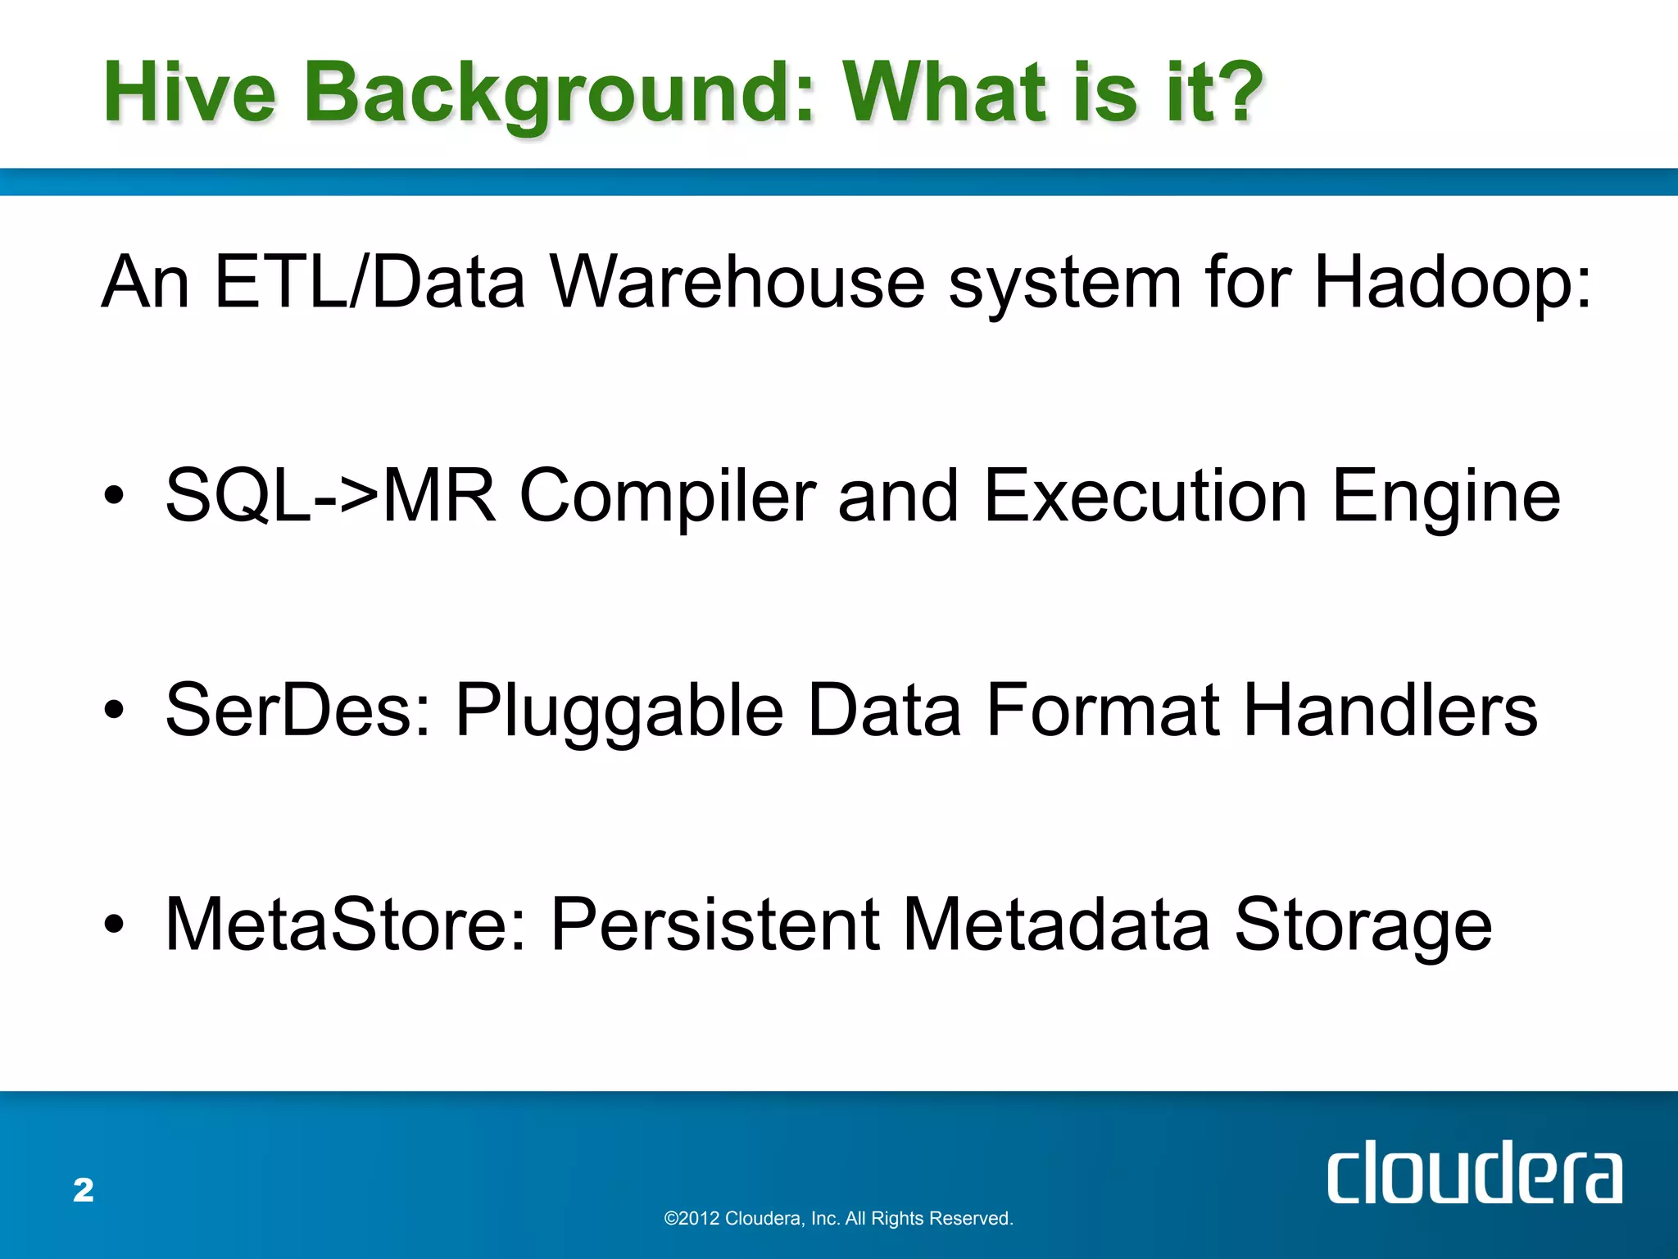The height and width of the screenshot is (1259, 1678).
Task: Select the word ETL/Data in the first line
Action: [x=369, y=283]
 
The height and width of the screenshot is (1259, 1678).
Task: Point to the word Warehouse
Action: [x=737, y=283]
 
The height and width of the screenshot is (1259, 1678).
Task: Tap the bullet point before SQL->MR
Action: [x=114, y=496]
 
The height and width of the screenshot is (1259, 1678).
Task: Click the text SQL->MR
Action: [x=330, y=496]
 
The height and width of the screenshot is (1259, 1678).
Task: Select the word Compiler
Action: [x=668, y=496]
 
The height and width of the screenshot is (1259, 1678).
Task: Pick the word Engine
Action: [x=1446, y=496]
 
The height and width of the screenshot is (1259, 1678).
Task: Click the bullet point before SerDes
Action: [x=114, y=710]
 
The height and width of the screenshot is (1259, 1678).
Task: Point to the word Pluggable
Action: [x=619, y=710]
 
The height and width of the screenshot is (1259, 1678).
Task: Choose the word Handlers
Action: [x=1390, y=710]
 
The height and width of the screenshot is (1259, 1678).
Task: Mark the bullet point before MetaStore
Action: [x=114, y=925]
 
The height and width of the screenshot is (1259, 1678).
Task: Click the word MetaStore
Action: [x=346, y=925]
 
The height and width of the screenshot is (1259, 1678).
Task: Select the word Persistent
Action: [x=715, y=925]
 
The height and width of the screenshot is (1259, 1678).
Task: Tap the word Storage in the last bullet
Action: [x=1363, y=925]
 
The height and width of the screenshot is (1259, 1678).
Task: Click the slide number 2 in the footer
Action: [x=84, y=1190]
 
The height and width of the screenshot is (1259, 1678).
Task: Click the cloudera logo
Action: [x=1474, y=1174]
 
